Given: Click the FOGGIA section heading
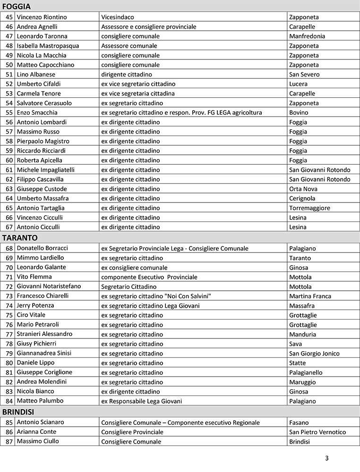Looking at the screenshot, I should click(x=17, y=7).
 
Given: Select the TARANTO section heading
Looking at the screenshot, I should click(x=20, y=237).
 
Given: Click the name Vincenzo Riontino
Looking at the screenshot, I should click(x=42, y=17).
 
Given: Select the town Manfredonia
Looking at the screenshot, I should click(x=307, y=36).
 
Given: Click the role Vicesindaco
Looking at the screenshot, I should click(x=118, y=17).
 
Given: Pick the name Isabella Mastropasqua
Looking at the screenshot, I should click(x=48, y=46).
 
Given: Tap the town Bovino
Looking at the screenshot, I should click(x=299, y=112).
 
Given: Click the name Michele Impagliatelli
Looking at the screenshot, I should click(x=46, y=170).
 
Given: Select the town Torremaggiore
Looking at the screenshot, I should click(x=309, y=208).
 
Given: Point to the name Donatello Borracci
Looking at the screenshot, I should click(x=43, y=248).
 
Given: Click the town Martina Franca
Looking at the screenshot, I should click(x=310, y=296).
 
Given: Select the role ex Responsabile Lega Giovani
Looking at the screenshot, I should click(x=142, y=401).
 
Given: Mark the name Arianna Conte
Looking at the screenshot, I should click(x=36, y=432).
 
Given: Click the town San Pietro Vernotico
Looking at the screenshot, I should click(x=317, y=432).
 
